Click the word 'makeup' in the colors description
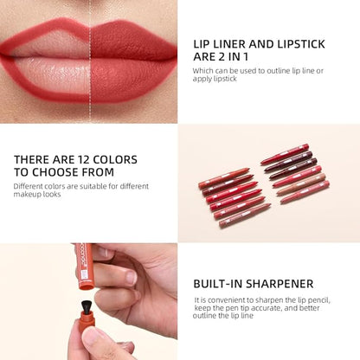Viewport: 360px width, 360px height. [x=29, y=194]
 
